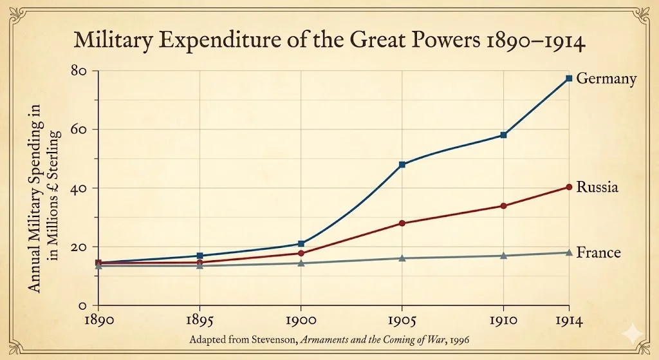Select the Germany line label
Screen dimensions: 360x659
606,79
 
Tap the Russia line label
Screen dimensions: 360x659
597,187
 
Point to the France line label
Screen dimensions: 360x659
599,252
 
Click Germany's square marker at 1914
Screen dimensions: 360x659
569,79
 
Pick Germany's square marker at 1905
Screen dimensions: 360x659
402,165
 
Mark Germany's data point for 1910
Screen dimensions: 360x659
503,135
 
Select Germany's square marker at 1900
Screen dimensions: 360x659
301,243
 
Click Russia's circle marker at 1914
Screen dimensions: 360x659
569,187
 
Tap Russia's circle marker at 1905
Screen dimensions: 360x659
402,223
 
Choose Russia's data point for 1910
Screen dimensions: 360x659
503,206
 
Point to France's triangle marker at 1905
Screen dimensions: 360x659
402,258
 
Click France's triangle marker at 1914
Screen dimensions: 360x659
569,252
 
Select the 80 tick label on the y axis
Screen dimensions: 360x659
80,70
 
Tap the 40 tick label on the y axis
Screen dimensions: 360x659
80,188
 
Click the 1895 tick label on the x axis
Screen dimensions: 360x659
200,319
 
